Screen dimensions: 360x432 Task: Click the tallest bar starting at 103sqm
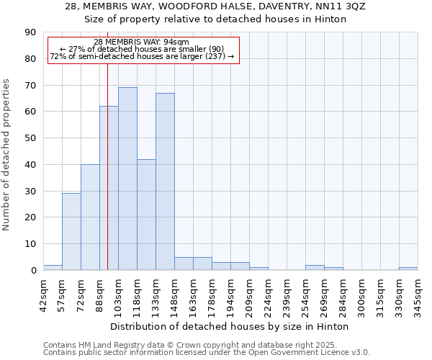coord(127,179)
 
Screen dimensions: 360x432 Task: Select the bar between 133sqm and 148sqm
coord(165,181)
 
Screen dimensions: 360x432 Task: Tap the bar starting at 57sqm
coord(71,231)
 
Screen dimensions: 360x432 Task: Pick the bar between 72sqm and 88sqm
coord(90,217)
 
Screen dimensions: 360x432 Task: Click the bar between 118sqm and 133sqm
coord(146,215)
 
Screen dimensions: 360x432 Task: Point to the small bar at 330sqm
coord(408,269)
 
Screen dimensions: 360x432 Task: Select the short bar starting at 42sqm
coord(53,267)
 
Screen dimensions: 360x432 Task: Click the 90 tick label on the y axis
coord(30,32)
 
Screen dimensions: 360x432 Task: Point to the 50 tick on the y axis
coord(30,138)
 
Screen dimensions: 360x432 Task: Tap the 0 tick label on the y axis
coord(33,271)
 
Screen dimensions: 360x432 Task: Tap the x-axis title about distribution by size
coord(230,327)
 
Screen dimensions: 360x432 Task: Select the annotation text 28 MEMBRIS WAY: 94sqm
coord(141,42)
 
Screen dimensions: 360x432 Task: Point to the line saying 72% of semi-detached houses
coord(141,56)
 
